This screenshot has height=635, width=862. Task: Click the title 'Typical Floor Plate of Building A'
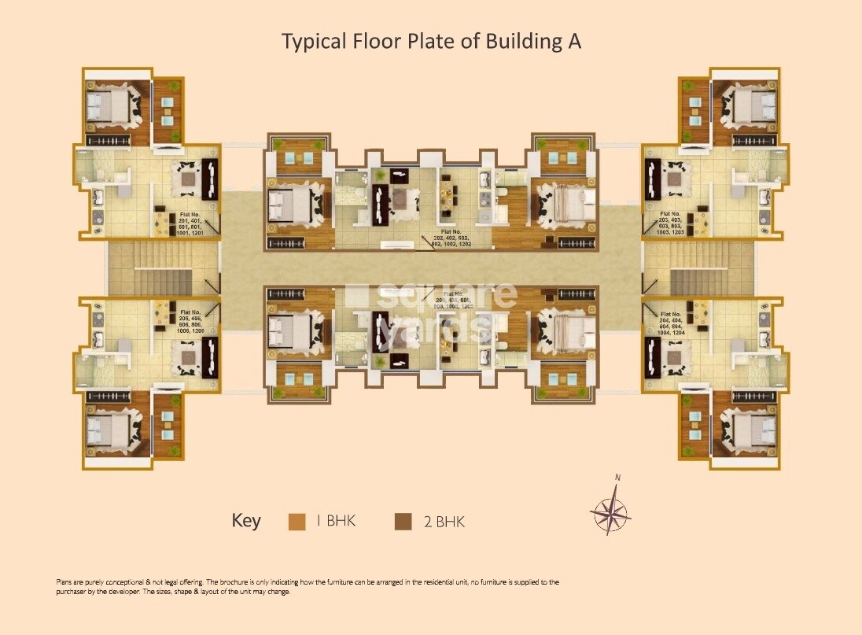[x=431, y=42]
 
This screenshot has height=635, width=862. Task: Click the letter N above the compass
[x=618, y=478]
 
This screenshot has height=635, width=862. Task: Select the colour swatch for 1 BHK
[x=297, y=521]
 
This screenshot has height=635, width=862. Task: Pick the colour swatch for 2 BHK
[x=403, y=521]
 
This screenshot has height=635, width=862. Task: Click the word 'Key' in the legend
[x=245, y=521]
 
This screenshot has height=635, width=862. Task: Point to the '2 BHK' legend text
[x=445, y=521]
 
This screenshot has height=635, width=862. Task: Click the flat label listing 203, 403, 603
[x=671, y=223]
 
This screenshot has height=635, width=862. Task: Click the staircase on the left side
[x=161, y=270]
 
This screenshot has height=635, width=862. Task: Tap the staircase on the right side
[x=700, y=270]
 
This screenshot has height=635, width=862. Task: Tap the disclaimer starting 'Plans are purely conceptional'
[x=308, y=587]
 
